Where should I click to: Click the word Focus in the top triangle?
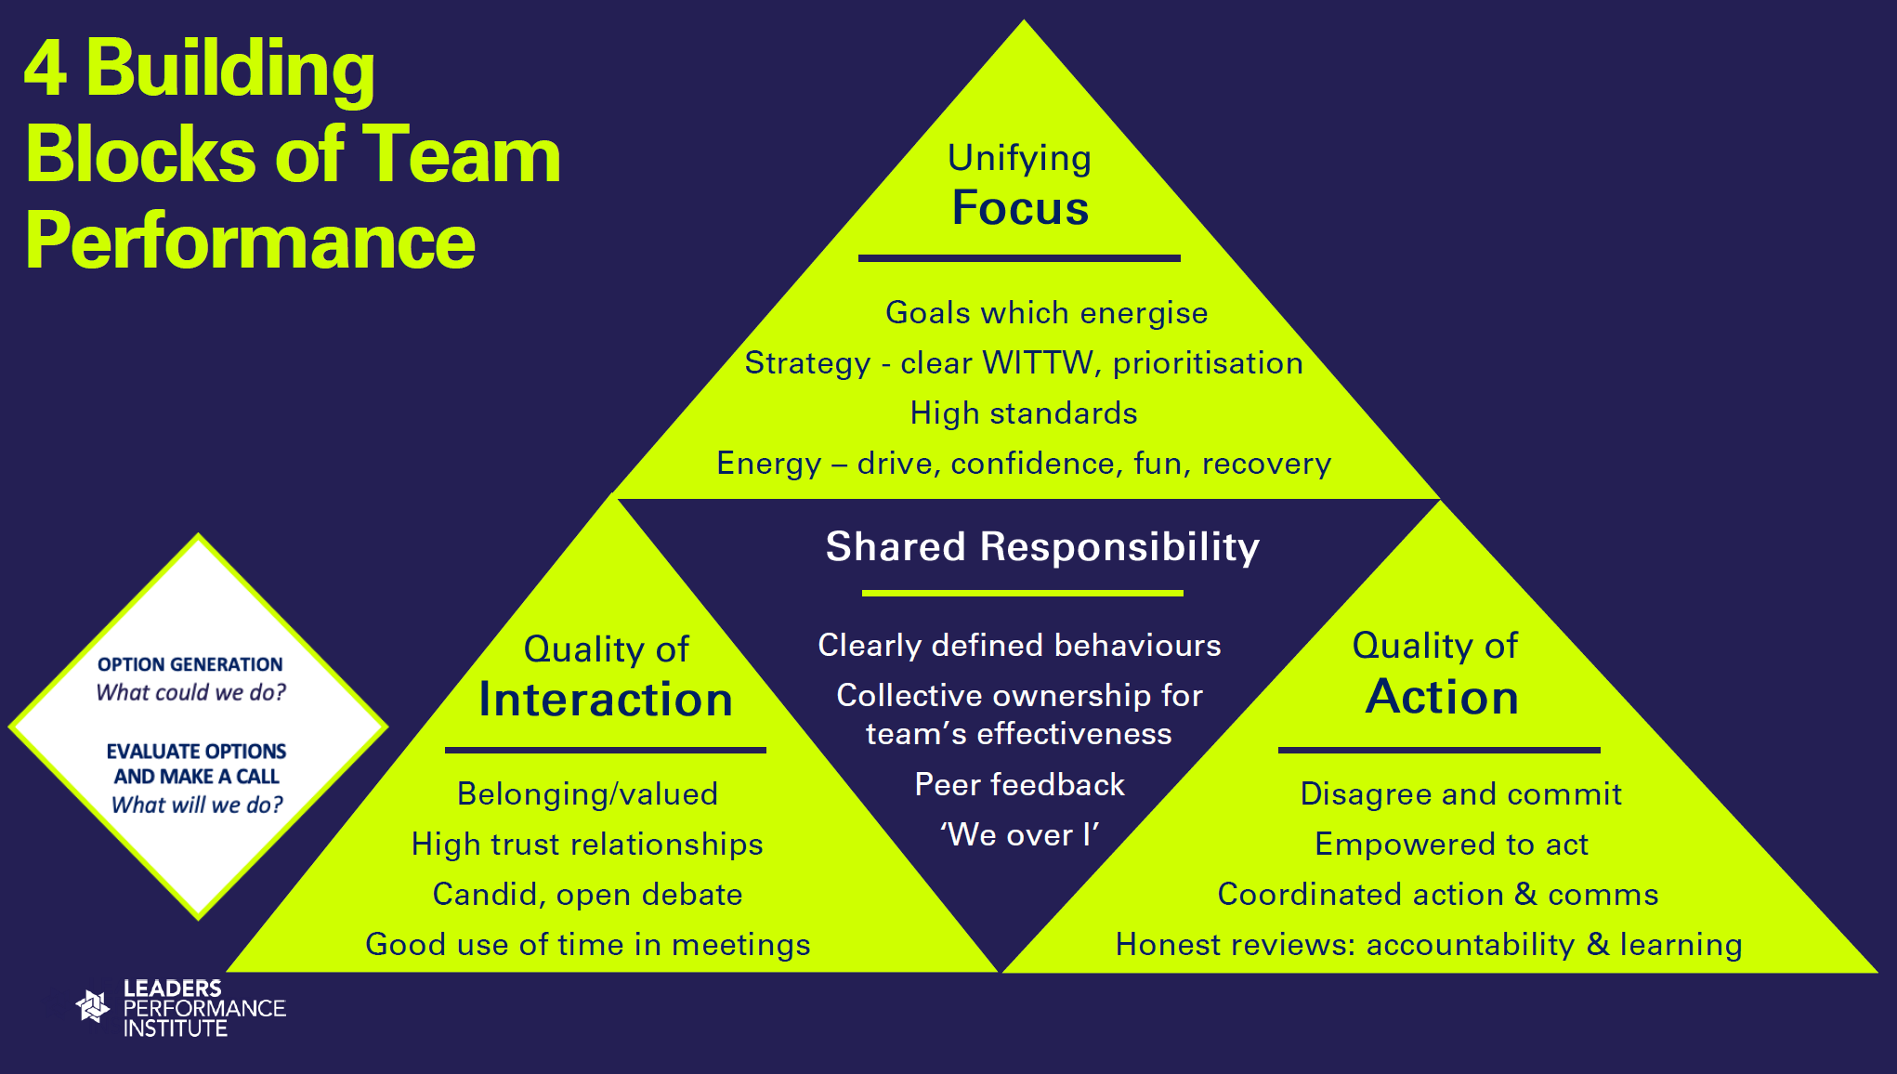[x=1020, y=208]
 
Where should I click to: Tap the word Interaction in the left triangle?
[x=606, y=700]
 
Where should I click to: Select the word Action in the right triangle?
[x=1442, y=697]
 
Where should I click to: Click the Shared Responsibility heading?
[x=1042, y=546]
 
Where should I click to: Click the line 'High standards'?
[x=1023, y=413]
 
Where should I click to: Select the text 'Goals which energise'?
[x=1046, y=312]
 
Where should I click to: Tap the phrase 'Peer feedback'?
[x=1019, y=784]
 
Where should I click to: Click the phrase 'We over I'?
[x=1019, y=834]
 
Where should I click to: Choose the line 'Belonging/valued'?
[x=587, y=793]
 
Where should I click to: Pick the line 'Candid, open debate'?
[x=587, y=894]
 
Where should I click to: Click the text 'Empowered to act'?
[x=1451, y=844]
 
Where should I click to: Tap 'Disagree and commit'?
[x=1460, y=793]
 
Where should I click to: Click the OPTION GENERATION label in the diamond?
[x=190, y=664]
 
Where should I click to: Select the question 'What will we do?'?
[x=197, y=805]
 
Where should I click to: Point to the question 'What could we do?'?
[x=191, y=692]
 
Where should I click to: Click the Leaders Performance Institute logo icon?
[x=93, y=1006]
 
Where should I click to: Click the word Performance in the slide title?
[x=250, y=242]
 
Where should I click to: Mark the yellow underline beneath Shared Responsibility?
[x=1022, y=593]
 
